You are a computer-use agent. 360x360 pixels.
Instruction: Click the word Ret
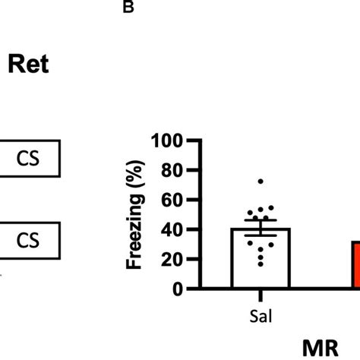[29, 65]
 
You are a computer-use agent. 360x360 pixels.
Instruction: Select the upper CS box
[30, 161]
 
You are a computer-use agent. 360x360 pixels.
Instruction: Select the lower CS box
[30, 240]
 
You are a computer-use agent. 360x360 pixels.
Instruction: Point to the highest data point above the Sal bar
[261, 182]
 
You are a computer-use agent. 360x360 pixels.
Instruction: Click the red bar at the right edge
[355, 265]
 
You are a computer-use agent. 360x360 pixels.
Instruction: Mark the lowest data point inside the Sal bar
[261, 264]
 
